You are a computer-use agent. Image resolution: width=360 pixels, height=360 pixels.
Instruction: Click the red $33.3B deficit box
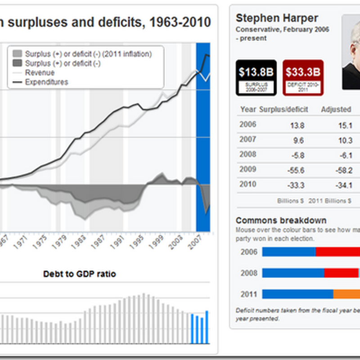coord(303,77)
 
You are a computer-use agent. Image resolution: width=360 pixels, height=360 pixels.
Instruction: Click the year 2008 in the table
coord(248,154)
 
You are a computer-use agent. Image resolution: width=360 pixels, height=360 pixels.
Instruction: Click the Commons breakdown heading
coord(281,220)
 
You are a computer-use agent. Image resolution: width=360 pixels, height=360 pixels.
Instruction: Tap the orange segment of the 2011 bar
coord(346,294)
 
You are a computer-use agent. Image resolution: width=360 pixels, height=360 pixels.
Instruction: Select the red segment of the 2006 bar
coord(337,252)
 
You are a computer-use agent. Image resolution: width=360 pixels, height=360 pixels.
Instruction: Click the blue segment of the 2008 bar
coord(293,273)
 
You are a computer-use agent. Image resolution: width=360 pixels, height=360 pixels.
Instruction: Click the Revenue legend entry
coord(40,73)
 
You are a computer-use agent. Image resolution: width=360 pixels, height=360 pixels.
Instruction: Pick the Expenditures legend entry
coord(46,82)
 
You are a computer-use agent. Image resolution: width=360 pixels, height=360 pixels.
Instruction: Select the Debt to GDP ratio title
coord(79,274)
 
